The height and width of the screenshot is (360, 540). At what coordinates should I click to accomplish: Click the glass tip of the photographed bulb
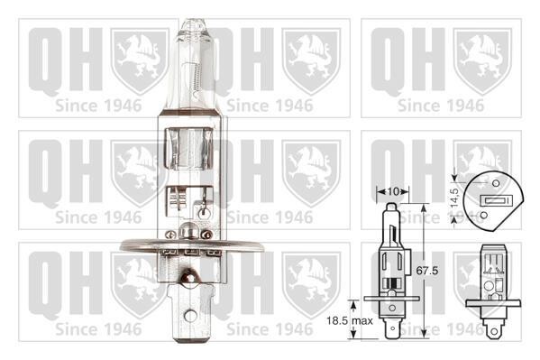(193, 26)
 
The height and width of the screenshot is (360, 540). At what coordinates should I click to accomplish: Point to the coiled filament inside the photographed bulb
(197, 79)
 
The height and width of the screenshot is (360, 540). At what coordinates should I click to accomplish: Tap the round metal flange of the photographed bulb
(191, 245)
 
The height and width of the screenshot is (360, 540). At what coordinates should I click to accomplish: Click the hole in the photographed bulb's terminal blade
(190, 316)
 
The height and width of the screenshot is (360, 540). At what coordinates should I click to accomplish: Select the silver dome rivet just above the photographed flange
(188, 230)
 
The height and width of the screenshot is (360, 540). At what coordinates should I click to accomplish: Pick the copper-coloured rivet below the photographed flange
(188, 277)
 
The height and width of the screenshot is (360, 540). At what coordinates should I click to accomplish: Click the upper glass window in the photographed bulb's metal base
(188, 149)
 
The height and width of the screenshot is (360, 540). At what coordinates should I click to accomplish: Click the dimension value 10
(393, 191)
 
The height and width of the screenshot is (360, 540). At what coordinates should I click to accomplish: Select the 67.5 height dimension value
(427, 271)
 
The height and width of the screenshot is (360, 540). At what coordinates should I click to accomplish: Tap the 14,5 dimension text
(454, 198)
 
